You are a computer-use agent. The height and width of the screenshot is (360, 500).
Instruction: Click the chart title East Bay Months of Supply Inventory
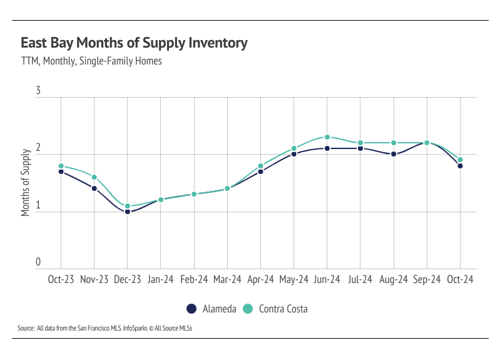[134, 43]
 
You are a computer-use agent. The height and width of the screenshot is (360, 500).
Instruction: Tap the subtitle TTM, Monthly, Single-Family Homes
[91, 61]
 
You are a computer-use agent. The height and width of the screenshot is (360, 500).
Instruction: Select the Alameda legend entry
[211, 309]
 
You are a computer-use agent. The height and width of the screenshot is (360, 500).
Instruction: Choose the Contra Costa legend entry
[275, 309]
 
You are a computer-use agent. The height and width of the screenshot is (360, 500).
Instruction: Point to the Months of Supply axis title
[26, 183]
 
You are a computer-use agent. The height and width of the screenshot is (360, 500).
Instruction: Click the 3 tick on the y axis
[38, 91]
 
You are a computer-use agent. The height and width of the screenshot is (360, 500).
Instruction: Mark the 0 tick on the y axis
[38, 262]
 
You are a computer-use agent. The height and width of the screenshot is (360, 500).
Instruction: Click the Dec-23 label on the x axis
[127, 280]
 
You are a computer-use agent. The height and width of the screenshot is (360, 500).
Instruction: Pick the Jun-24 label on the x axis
[327, 280]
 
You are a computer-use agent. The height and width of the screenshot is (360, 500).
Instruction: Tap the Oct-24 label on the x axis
[460, 280]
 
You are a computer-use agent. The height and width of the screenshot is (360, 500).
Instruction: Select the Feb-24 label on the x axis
[194, 280]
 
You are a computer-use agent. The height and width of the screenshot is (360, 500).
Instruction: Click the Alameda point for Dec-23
[127, 212]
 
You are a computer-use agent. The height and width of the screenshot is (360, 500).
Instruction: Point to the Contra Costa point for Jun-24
[327, 137]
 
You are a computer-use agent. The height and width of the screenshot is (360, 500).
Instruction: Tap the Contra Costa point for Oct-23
[61, 166]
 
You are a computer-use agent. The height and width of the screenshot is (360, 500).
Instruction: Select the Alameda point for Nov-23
[94, 188]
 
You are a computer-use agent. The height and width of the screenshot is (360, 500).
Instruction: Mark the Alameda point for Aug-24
[394, 154]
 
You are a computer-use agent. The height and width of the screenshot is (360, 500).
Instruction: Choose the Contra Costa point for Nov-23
[94, 177]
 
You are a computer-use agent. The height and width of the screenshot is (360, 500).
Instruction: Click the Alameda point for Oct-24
[460, 166]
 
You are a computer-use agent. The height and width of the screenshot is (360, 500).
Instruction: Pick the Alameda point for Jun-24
[327, 148]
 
